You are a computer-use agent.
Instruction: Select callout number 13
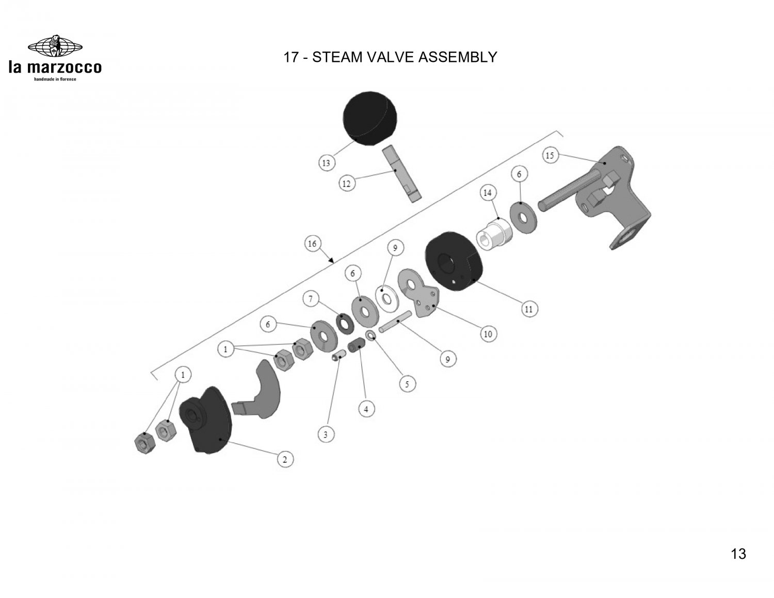click(x=326, y=164)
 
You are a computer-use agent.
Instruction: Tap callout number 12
click(x=346, y=183)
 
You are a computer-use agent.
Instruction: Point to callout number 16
click(x=312, y=244)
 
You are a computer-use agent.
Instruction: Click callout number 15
click(x=550, y=155)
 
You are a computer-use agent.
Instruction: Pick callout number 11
click(x=528, y=310)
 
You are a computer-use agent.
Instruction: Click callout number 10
click(x=488, y=334)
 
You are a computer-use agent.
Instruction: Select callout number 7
click(x=311, y=298)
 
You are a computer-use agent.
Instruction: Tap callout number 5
click(x=407, y=384)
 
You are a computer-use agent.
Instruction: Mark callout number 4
click(x=366, y=409)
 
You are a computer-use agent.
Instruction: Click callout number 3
click(x=325, y=435)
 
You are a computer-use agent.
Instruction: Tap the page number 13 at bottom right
click(x=738, y=554)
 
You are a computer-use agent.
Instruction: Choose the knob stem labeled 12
click(x=401, y=174)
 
